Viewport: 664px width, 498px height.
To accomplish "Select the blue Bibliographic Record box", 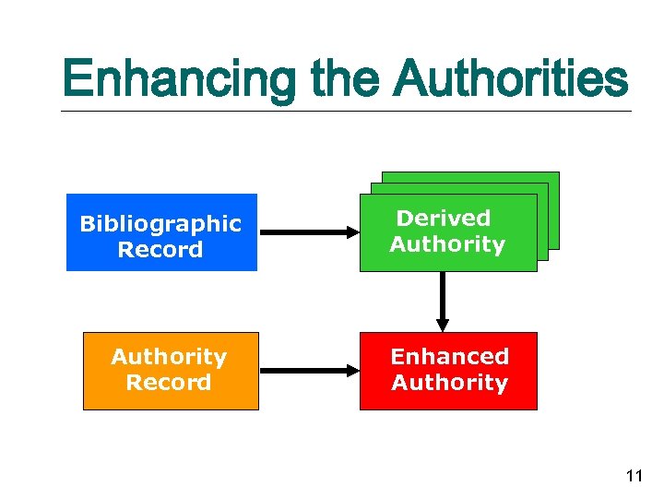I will (x=161, y=232).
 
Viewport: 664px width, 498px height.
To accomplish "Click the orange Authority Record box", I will (x=171, y=371).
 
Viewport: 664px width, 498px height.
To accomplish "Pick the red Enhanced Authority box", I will (x=448, y=371).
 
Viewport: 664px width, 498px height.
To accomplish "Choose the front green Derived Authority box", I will (x=448, y=232).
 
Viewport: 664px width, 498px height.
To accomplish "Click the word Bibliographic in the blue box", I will (x=161, y=224).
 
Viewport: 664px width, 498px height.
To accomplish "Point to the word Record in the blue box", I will (x=161, y=250).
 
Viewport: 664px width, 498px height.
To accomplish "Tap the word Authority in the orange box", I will (x=169, y=357).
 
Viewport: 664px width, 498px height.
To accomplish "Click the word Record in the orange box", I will (x=169, y=383).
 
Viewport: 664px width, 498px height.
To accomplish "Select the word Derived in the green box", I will (x=444, y=219).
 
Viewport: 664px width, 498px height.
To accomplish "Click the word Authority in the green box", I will (x=447, y=244).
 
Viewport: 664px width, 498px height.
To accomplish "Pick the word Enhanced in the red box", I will (x=449, y=357).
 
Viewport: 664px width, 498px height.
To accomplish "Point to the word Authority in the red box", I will (x=449, y=383).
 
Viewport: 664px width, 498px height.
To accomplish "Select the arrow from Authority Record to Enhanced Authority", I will (x=309, y=371).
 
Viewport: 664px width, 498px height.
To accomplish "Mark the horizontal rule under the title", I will (x=346, y=112).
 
